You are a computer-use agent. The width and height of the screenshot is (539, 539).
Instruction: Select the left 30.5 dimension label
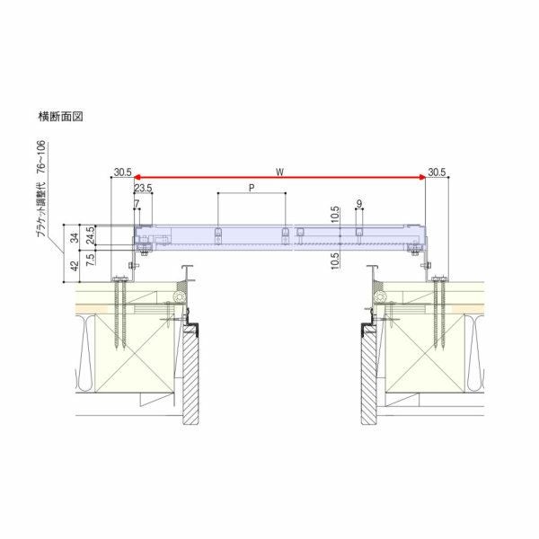(123, 171)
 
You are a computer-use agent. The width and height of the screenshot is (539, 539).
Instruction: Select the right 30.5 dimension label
(437, 171)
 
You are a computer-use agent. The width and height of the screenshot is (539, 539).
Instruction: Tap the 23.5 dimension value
(142, 189)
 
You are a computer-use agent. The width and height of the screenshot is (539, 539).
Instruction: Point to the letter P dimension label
(251, 189)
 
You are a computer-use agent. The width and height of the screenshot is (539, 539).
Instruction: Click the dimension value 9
(358, 204)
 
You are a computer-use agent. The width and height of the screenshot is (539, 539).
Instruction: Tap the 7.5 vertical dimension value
(91, 260)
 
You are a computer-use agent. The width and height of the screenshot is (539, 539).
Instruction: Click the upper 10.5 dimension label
(334, 215)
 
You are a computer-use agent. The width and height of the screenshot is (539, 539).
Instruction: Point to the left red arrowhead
(138, 179)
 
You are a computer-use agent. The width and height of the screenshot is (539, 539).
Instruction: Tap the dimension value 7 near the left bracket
(136, 204)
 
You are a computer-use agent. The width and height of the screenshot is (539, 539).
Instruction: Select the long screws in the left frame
(119, 314)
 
